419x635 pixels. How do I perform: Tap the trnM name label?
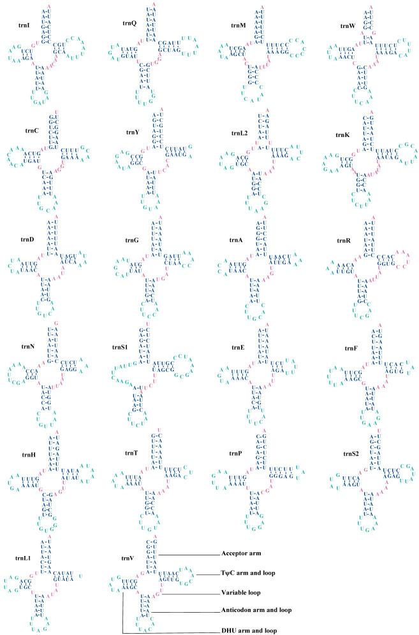239,25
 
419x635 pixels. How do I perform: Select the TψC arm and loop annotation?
248,573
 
